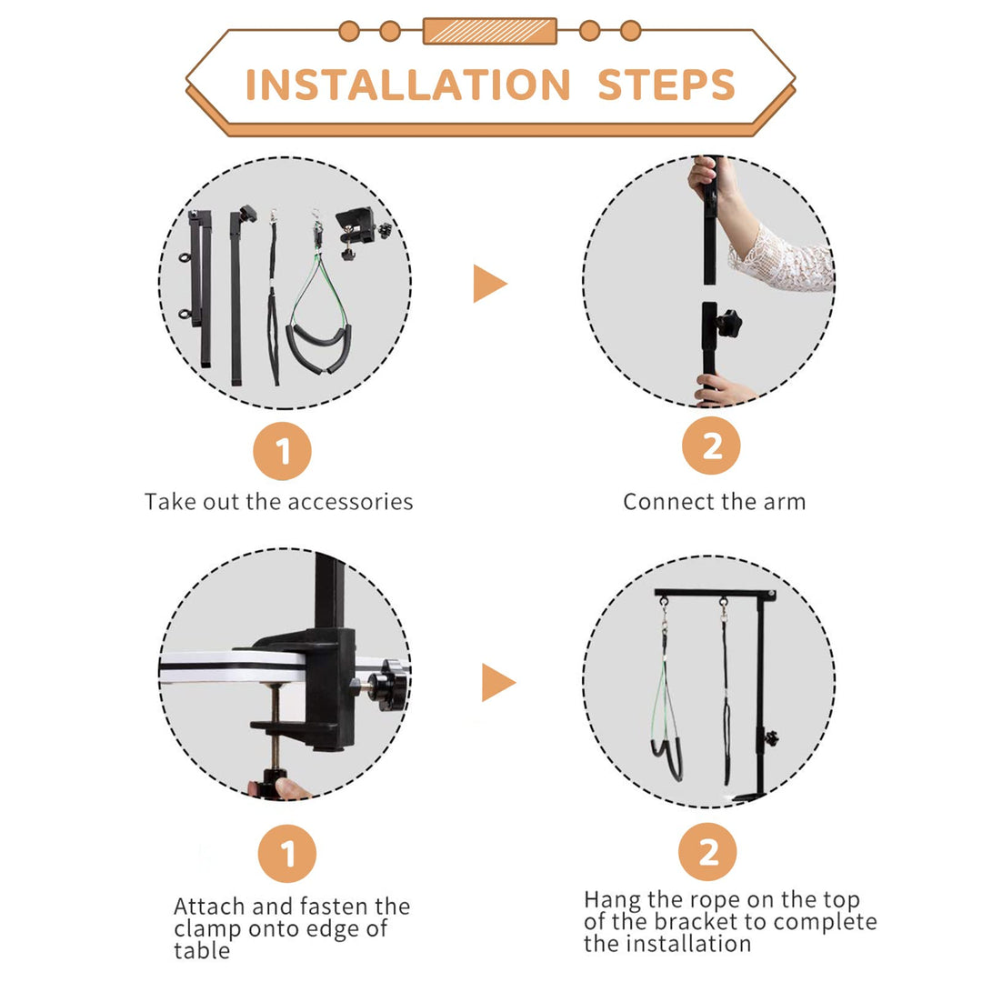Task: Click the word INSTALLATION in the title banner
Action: (x=407, y=85)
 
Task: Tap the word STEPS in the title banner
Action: (x=666, y=85)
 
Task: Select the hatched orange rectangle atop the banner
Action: (x=490, y=31)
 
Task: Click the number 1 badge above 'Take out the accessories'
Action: (x=283, y=451)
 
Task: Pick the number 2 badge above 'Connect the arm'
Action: (x=711, y=446)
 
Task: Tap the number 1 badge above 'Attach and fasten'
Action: (x=287, y=853)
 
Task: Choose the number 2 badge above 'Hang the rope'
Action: (x=707, y=852)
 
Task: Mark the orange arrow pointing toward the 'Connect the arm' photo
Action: (x=489, y=283)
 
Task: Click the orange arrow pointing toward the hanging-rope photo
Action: (x=498, y=683)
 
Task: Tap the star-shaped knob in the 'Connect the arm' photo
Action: (x=728, y=323)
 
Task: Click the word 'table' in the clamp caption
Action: (x=202, y=951)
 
